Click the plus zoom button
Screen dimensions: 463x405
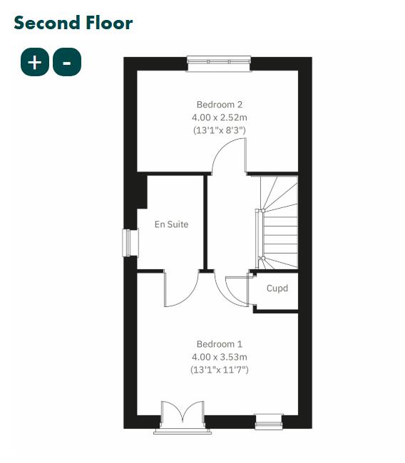tap(34, 62)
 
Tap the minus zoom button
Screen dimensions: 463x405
tap(67, 62)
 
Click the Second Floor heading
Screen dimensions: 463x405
tap(73, 23)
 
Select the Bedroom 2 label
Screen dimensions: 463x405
tap(220, 104)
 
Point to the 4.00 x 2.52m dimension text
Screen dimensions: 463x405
tap(220, 118)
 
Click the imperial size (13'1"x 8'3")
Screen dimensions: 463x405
tap(220, 130)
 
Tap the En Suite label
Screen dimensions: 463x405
tap(172, 224)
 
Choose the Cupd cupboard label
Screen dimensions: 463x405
tap(277, 288)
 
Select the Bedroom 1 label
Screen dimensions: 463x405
tap(220, 343)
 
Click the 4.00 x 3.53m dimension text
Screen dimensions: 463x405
tap(220, 356)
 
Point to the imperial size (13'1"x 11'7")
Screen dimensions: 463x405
tap(220, 370)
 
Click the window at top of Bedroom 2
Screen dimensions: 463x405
tap(219, 63)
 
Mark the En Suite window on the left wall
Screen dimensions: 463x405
tap(129, 242)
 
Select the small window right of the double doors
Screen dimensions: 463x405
tap(269, 422)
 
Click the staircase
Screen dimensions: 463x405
tap(278, 221)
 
